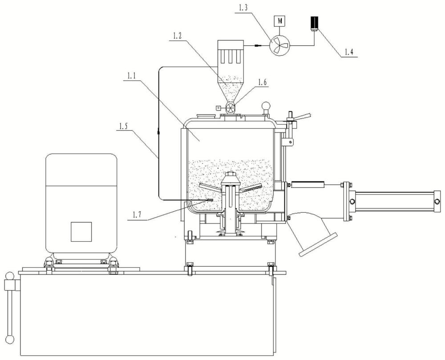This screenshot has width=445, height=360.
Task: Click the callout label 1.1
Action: [x=131, y=76]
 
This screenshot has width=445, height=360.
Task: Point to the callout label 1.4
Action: [x=349, y=52]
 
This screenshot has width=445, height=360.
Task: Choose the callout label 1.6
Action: [x=262, y=81]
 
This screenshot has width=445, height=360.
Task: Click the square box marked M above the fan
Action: [x=279, y=21]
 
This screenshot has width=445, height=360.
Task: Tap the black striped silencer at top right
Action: [x=315, y=22]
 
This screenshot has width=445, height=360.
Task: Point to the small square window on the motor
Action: [x=81, y=232]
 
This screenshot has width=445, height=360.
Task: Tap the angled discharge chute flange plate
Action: [x=318, y=244]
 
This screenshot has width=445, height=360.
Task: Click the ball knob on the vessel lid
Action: [x=266, y=105]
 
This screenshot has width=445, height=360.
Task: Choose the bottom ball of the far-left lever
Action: [x=10, y=339]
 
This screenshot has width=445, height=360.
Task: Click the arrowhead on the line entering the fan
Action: [x=258, y=45]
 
